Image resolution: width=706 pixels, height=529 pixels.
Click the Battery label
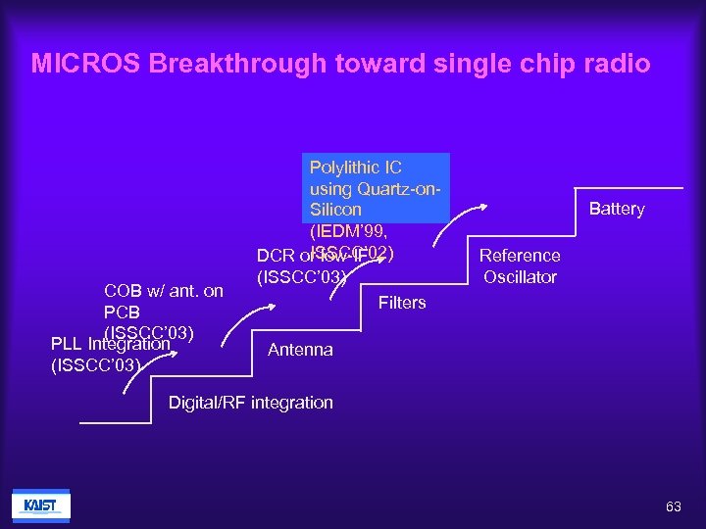click(617, 209)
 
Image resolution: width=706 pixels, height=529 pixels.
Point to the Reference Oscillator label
click(520, 265)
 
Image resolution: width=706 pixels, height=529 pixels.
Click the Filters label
click(402, 303)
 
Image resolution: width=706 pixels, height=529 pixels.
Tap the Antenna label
click(300, 350)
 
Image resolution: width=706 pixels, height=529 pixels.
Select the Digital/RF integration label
click(251, 403)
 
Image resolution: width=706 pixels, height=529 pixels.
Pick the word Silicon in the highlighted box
click(335, 210)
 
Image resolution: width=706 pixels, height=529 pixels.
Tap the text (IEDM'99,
click(347, 232)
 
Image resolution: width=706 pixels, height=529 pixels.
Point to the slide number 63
click(673, 506)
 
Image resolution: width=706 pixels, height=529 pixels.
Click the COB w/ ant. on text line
click(164, 291)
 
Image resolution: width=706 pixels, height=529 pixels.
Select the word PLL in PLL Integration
click(67, 345)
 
